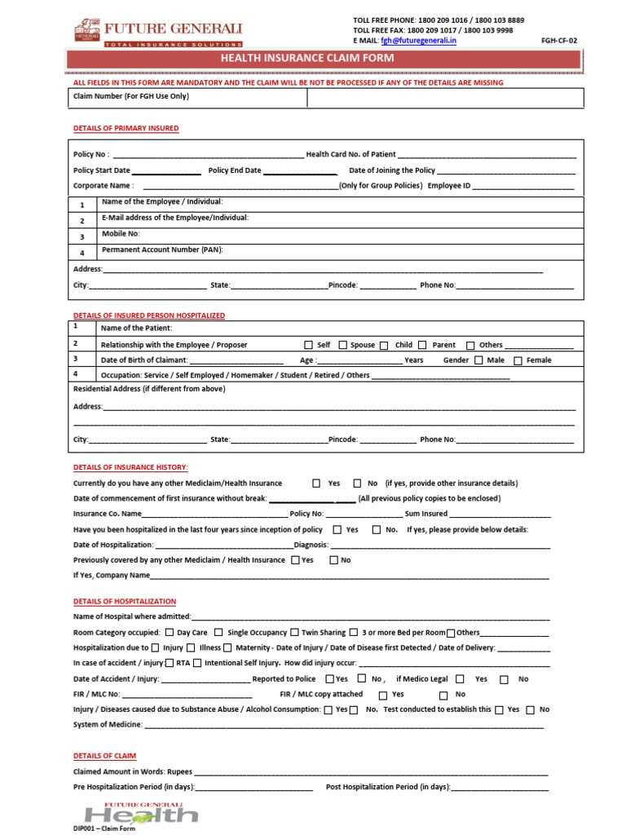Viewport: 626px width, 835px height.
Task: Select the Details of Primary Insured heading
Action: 126,129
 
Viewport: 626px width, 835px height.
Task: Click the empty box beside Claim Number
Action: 445,97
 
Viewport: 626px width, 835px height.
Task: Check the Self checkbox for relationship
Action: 308,345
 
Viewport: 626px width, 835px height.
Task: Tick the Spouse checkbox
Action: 342,345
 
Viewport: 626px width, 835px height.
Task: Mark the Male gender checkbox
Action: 478,360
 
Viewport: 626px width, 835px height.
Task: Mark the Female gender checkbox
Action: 518,360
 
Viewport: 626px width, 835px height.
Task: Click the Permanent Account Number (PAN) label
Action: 162,250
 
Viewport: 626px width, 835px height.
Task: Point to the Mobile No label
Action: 121,233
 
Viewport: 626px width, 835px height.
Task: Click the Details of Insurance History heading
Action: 130,467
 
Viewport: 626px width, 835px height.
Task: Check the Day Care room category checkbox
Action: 169,632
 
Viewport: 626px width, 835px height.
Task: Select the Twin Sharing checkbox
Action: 293,632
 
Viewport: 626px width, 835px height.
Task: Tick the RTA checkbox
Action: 169,663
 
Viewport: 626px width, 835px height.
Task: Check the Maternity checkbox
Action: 228,648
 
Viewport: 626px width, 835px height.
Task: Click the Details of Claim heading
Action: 104,756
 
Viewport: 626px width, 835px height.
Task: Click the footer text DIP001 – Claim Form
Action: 103,829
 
